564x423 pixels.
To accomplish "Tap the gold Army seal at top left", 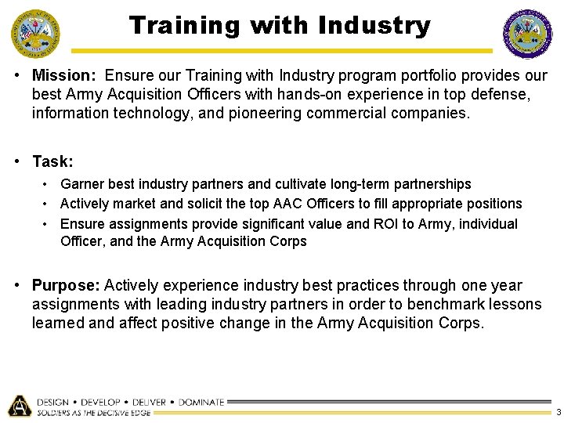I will tap(34, 34).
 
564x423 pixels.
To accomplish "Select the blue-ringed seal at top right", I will tap(528, 34).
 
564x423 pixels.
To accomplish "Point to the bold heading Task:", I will tap(52, 161).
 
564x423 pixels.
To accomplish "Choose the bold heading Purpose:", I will tap(66, 286).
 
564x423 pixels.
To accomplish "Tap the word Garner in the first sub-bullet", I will tap(82, 184).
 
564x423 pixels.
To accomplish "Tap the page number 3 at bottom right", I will tap(558, 413).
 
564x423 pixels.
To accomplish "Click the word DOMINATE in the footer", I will tap(201, 402).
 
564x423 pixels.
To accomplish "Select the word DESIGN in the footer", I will tap(53, 402).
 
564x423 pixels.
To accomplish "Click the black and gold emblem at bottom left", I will tap(19, 405).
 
